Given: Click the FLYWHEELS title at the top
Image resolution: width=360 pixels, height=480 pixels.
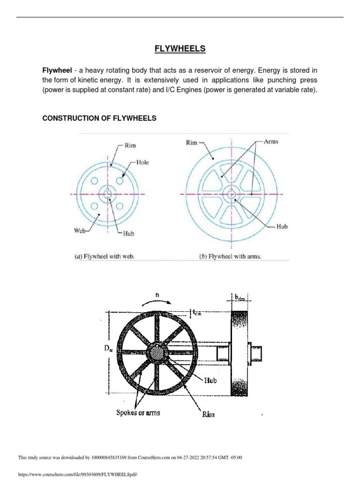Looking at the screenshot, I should [x=180, y=48].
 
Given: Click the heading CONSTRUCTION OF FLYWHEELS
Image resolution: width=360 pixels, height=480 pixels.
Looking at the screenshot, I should [x=99, y=119].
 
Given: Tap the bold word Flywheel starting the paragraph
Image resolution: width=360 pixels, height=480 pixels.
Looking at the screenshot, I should [x=57, y=70].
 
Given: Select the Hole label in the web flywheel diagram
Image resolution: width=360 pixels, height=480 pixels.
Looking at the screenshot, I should [x=142, y=162].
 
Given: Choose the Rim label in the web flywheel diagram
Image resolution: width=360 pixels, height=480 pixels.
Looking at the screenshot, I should [x=130, y=146].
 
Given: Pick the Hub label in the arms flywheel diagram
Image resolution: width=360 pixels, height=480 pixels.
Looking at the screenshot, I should [x=282, y=226].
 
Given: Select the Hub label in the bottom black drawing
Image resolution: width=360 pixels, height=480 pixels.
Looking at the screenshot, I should [x=210, y=381].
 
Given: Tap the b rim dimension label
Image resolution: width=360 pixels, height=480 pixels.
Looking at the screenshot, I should [x=239, y=297].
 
